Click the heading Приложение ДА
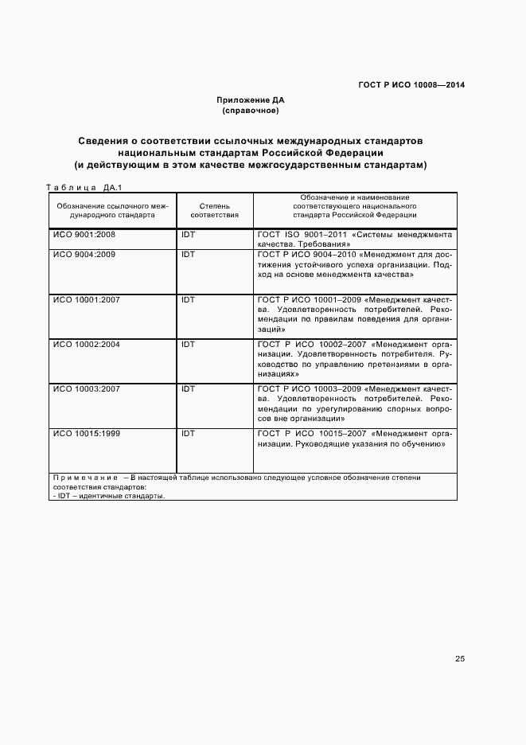click(250, 100)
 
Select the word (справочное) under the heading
click(250, 111)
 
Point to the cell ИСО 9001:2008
click(84, 236)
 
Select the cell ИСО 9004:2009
click(84, 255)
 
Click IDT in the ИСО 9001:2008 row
click(188, 236)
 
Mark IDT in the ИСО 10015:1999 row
click(188, 434)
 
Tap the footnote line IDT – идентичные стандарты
click(108, 495)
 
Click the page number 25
click(460, 658)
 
